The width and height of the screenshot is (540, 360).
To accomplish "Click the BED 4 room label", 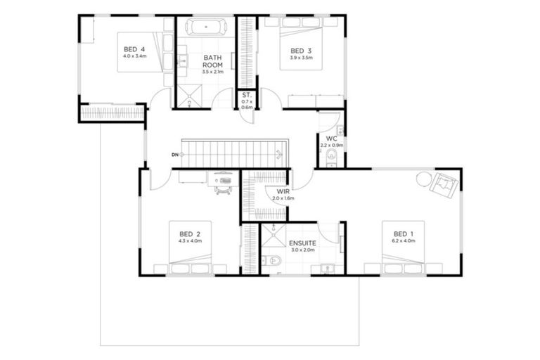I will (134, 49).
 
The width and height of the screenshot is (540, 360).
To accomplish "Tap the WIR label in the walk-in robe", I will (283, 191).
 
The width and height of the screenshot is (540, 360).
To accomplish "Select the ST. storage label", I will (246, 94).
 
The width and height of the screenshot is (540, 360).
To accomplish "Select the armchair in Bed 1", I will (444, 185).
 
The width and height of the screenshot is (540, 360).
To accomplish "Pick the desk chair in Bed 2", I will (224, 186).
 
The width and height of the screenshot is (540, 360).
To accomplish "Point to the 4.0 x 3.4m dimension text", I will (134, 56).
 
